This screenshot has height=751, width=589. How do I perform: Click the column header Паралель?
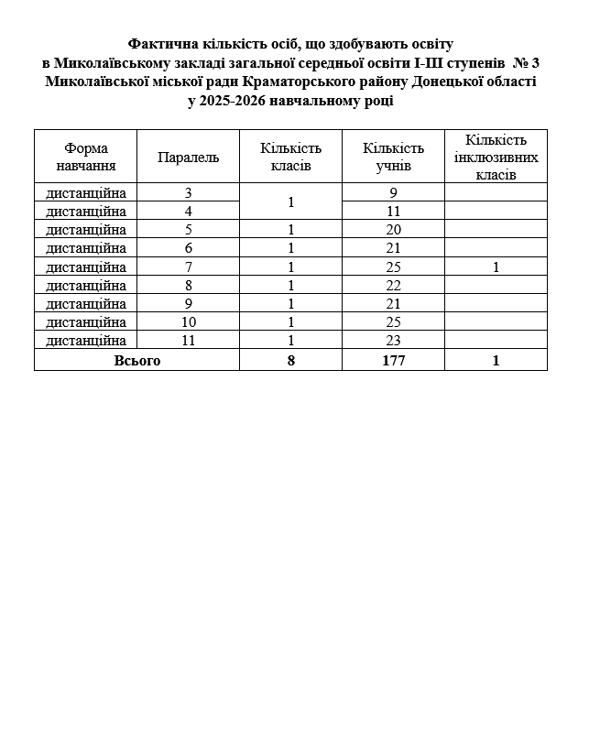(188, 157)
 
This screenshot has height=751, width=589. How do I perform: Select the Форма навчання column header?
(85, 157)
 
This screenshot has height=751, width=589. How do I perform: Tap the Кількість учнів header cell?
(393, 157)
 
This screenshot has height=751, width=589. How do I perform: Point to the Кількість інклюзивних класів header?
(496, 157)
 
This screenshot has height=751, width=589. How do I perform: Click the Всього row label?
(136, 361)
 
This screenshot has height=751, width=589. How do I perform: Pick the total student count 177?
(393, 361)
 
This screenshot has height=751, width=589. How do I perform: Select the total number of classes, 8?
(290, 361)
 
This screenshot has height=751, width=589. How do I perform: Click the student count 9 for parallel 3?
(393, 193)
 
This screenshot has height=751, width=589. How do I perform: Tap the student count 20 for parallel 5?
(393, 230)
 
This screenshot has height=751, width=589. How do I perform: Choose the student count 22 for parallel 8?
(393, 286)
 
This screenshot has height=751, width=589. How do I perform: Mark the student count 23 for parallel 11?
(393, 341)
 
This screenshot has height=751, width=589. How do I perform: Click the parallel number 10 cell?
(188, 322)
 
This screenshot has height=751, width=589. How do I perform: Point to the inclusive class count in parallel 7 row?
(496, 267)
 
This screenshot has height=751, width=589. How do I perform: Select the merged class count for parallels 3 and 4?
(290, 201)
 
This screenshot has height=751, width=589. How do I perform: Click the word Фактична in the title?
(160, 44)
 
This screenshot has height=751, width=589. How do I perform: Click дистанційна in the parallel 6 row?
(85, 248)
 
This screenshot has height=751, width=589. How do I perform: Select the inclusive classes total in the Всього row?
(496, 361)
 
